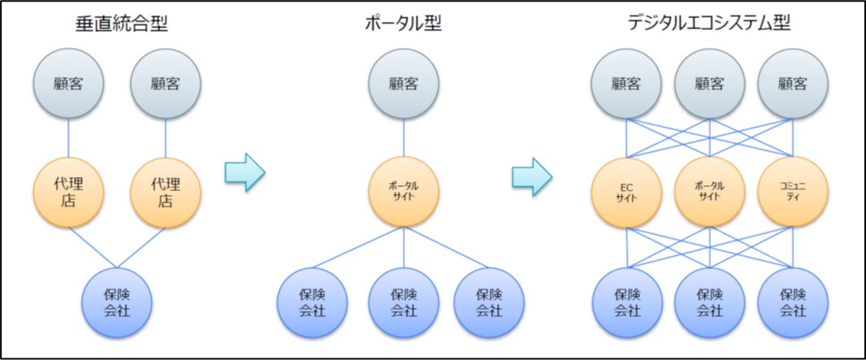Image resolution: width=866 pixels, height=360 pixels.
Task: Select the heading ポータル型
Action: tap(404, 24)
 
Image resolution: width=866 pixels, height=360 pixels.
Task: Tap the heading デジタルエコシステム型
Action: tap(709, 24)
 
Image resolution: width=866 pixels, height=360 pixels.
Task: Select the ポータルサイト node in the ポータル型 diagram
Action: tap(404, 191)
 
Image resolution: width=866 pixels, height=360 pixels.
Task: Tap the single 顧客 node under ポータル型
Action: tap(404, 83)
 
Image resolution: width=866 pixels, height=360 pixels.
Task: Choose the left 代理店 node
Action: tap(68, 191)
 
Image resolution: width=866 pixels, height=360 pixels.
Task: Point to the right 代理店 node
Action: tap(166, 191)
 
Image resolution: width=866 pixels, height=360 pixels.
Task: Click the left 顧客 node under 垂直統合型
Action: tap(68, 83)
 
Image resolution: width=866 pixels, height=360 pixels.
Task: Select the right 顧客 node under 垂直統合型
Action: tap(166, 83)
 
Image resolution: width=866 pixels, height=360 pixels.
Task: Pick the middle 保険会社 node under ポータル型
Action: tap(404, 300)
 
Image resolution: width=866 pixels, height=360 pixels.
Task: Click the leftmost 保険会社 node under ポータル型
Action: tap(313, 300)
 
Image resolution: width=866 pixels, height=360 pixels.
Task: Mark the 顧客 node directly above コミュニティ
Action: tap(793, 83)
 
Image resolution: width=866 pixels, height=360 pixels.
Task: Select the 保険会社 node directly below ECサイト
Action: tap(626, 300)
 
